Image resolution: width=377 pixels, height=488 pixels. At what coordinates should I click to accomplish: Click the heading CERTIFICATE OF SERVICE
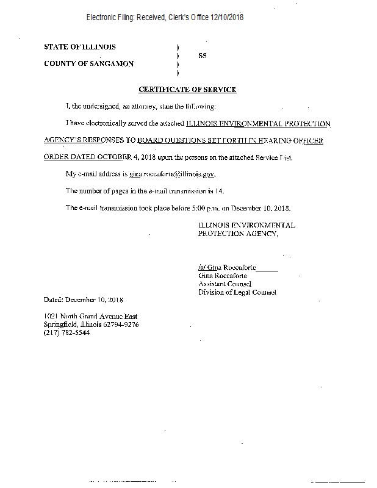[187, 90]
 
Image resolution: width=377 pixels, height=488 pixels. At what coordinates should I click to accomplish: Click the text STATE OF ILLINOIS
[80, 47]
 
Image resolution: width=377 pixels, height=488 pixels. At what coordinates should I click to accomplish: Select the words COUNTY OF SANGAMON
[89, 63]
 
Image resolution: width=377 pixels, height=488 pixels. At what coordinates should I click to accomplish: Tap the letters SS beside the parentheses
[203, 56]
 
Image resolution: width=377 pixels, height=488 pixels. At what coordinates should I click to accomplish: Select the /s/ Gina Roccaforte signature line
[238, 267]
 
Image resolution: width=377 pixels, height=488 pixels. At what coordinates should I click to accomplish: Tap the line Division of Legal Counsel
[237, 292]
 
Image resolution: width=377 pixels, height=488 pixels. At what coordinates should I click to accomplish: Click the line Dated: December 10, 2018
[84, 300]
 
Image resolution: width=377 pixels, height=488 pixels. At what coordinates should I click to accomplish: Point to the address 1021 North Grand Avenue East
[90, 316]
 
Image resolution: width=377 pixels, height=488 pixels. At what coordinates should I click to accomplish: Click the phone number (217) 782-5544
[66, 332]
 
